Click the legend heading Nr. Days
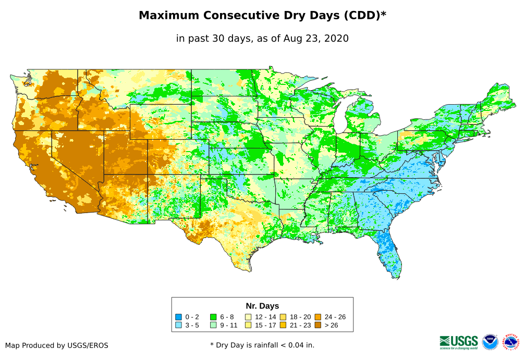tap(262, 306)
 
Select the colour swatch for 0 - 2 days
tap(178, 317)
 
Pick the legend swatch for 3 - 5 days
tap(178, 325)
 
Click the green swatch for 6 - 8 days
tap(213, 317)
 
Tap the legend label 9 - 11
tap(230, 325)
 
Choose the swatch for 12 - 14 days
tap(248, 317)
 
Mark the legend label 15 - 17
tap(265, 325)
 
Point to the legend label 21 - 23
tap(300, 325)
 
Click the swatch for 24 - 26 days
tap(318, 317)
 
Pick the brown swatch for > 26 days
tap(318, 325)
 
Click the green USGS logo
tap(459, 342)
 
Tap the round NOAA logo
tap(490, 342)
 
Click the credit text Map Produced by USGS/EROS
tap(57, 345)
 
